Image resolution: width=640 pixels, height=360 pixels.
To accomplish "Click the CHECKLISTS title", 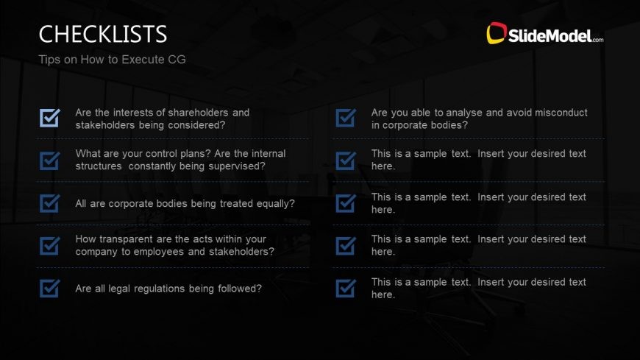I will click(x=103, y=34).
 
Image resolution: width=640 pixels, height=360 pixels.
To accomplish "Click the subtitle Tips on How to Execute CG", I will click(x=112, y=60).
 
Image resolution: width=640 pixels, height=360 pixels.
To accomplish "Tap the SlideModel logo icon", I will click(x=497, y=32).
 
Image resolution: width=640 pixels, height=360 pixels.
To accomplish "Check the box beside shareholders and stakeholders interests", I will click(x=50, y=118).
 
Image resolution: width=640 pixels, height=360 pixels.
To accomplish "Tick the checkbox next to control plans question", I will click(x=50, y=160).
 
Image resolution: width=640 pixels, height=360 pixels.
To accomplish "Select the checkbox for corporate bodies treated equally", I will click(x=50, y=203).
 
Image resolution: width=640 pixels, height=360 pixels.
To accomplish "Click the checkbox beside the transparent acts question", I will click(x=50, y=245).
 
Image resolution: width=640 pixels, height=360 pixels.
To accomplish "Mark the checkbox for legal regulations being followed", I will click(x=50, y=289).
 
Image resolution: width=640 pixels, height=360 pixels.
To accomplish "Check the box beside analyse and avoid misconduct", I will click(x=346, y=118).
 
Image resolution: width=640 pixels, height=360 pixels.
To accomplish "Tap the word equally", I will click(x=270, y=203).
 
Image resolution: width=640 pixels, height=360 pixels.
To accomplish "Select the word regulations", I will click(x=155, y=289).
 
